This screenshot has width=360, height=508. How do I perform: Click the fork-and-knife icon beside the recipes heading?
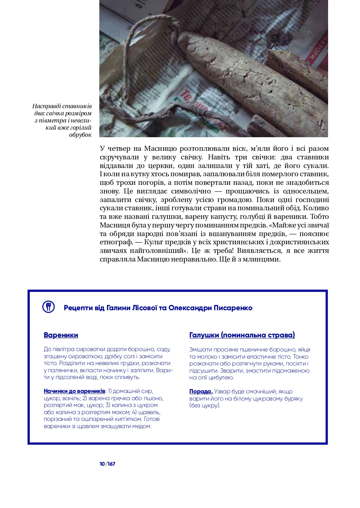(x=48, y=307)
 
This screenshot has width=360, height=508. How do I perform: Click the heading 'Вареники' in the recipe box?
(x=61, y=335)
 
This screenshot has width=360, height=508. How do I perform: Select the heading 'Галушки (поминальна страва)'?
(x=242, y=335)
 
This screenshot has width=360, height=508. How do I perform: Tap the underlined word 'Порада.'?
(x=201, y=392)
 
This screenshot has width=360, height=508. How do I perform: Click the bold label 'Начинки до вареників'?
(x=75, y=391)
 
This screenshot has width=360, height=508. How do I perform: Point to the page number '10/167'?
(x=108, y=464)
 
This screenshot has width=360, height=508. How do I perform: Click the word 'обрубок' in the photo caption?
(x=80, y=135)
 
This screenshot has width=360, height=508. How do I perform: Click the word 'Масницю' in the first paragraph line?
(x=160, y=149)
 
